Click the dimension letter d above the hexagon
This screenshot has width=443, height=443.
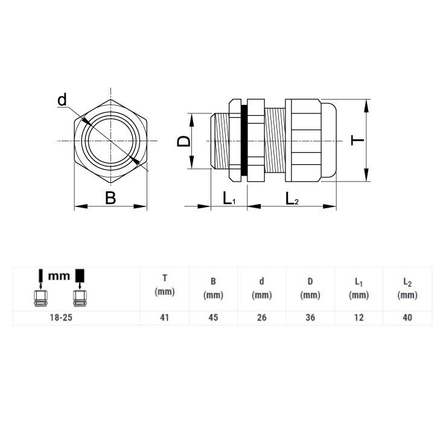tap(62, 100)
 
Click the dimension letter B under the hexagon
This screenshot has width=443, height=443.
tap(110, 198)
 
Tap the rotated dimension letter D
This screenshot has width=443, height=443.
tap(183, 141)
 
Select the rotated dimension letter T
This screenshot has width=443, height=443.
tap(357, 140)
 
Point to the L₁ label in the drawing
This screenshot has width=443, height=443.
tap(229, 198)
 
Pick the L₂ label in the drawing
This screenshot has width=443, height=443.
tap(292, 198)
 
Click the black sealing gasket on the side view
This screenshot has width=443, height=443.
tap(244, 141)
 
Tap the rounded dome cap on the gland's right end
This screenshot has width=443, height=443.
tap(329, 141)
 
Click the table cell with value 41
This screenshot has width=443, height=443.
tap(164, 317)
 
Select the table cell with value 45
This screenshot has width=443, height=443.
tap(213, 317)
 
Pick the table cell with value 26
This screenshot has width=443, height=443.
tap(261, 317)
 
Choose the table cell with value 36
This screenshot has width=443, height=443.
tap(310, 317)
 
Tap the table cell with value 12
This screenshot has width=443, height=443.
tap(359, 317)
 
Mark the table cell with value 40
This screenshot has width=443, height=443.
tap(407, 317)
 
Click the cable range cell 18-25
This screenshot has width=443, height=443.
tap(61, 317)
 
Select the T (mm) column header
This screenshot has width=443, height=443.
tap(165, 285)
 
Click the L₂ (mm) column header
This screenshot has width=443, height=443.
tap(407, 288)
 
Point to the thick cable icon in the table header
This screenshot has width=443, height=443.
tap(80, 287)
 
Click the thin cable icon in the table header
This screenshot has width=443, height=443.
tap(40, 287)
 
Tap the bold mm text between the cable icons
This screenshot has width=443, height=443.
tap(59, 276)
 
